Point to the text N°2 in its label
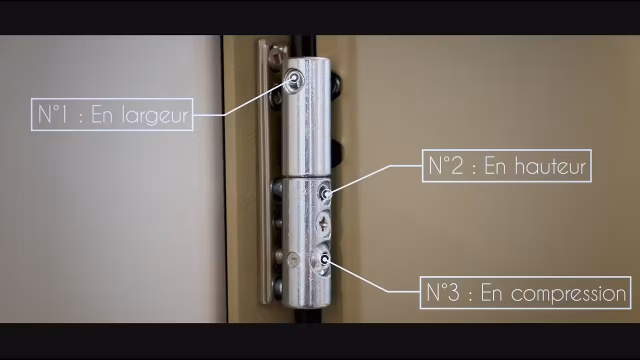point(445,166)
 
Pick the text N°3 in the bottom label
point(443,293)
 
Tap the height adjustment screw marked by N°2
point(325,193)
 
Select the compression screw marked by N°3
point(324,258)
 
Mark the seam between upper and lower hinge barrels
point(305,176)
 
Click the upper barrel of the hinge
point(305,120)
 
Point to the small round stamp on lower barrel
point(293,259)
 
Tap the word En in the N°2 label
point(495,166)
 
